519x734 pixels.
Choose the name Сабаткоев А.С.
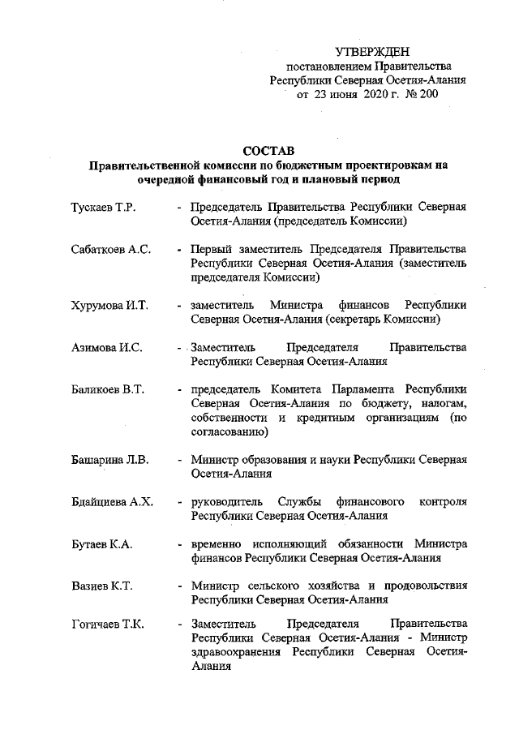(x=111, y=250)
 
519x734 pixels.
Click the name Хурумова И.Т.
(x=108, y=306)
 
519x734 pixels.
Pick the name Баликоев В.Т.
(x=107, y=390)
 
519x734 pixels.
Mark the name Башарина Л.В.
(x=109, y=461)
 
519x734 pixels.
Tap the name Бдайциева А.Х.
(x=112, y=503)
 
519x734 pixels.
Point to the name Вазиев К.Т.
(x=101, y=586)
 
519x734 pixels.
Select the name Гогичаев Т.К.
(x=107, y=625)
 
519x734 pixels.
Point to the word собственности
(x=227, y=418)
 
